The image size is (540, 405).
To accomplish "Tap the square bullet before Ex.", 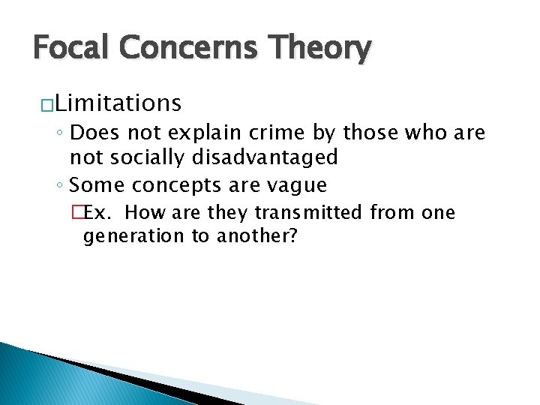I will click(90, 213).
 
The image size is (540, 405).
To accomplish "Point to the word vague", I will click(300, 184).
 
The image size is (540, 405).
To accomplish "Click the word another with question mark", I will click(257, 236).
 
